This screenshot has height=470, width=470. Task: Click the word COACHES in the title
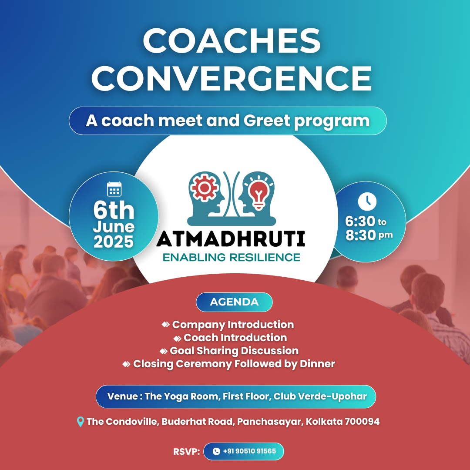click(232, 41)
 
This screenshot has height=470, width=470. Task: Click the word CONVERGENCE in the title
click(232, 78)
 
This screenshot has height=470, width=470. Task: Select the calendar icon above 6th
click(114, 189)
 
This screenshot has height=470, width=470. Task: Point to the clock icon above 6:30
click(367, 201)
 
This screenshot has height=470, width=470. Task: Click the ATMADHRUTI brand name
click(231, 238)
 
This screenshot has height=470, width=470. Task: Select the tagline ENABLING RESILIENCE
click(231, 258)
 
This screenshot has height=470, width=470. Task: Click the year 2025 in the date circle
click(114, 242)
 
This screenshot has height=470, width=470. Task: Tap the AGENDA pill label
click(234, 302)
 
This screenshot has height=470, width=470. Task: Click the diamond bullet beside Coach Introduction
click(178, 339)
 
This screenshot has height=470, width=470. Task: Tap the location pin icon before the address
click(81, 422)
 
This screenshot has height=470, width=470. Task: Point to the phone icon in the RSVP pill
click(216, 451)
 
